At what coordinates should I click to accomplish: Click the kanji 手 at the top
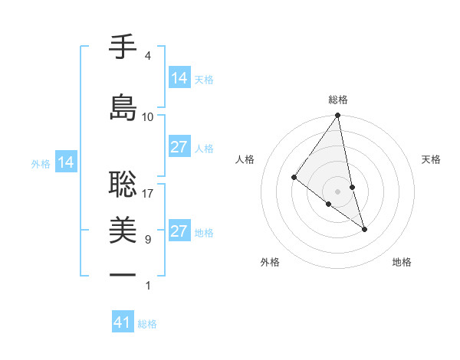pos(123,47)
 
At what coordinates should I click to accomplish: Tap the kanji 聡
pos(123,182)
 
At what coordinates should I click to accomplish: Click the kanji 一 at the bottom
pos(123,274)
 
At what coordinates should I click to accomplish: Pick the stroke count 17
pos(148,194)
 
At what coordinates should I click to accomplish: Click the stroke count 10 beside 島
pos(148,117)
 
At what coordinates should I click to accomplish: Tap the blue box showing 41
pos(123,322)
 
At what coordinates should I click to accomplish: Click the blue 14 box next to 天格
pos(179,77)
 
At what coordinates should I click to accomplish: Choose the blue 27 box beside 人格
pos(179,147)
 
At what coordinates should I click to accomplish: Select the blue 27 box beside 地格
pos(179,231)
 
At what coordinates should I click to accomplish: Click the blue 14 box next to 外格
pos(66,162)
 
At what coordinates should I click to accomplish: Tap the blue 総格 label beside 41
pos(147,324)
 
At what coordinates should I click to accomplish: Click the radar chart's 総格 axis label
pos(338,100)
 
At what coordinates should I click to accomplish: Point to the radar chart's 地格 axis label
pos(402,262)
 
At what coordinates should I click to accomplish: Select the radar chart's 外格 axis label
pos(270,262)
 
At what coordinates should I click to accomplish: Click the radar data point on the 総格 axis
pos(338,116)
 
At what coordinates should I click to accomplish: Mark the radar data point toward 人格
pos(294,177)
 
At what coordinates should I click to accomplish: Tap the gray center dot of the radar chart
pos(338,191)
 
